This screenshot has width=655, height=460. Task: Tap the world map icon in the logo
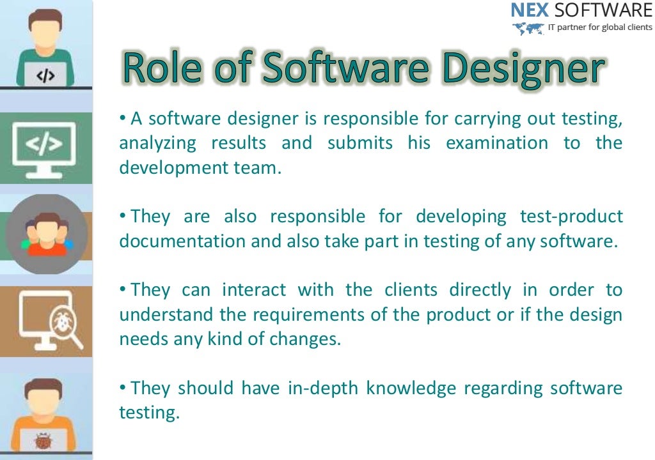click(528, 28)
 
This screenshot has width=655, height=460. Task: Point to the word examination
click(496, 143)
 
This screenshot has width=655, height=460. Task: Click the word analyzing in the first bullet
click(157, 143)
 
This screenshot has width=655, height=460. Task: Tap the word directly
click(480, 290)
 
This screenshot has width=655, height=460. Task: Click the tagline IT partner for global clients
click(600, 27)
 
